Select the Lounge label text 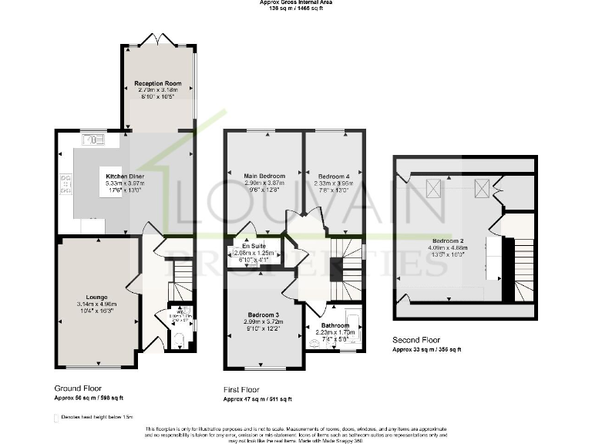click(96, 298)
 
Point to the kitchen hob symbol click(65, 183)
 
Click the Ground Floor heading click(78, 388)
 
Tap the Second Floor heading click(417, 339)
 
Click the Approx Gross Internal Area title click(296, 3)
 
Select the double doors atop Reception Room click(157, 39)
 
